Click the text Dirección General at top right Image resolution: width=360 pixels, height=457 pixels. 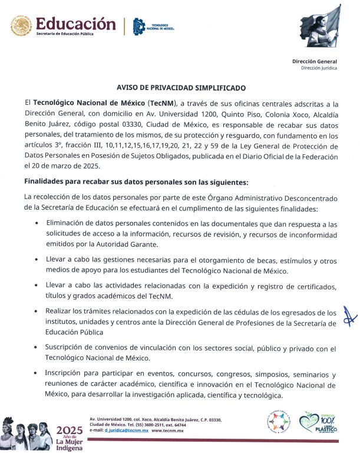[x=315, y=61]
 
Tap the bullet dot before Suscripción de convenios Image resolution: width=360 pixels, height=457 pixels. [x=38, y=349]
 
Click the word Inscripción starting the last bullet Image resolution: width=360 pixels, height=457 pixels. [x=66, y=375]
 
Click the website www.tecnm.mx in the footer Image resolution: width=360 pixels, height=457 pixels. [x=167, y=431]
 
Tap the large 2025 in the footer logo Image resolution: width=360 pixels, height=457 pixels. [x=69, y=429]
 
